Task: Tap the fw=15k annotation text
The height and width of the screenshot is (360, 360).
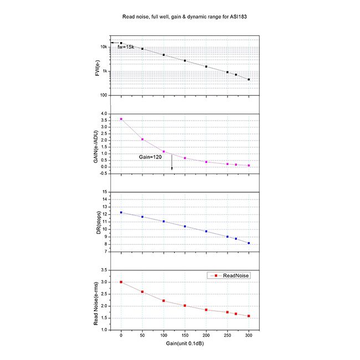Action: tap(126, 47)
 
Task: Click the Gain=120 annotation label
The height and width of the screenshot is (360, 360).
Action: tap(150, 158)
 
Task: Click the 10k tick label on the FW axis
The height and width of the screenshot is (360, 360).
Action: tap(104, 47)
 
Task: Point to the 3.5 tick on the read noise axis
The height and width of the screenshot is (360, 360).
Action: tap(104, 270)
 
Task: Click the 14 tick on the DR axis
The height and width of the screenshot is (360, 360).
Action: tap(105, 199)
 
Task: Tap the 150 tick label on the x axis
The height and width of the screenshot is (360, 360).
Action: tap(185, 336)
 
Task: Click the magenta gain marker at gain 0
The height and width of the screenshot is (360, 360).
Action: tap(121, 119)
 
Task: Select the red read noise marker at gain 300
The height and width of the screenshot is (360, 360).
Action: tap(249, 316)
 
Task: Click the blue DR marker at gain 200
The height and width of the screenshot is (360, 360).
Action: tap(206, 232)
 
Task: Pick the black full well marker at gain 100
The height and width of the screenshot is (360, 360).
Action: tap(164, 55)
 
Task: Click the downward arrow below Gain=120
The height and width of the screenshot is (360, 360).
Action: tap(172, 164)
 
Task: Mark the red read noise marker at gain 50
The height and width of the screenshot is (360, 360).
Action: tap(142, 292)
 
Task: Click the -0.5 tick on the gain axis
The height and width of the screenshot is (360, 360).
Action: tap(102, 173)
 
